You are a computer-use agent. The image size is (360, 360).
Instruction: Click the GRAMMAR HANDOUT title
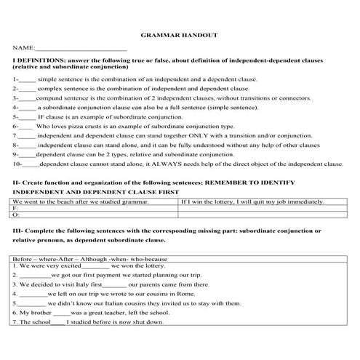pos(180,34)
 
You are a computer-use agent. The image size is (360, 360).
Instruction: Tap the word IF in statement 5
pos(42,115)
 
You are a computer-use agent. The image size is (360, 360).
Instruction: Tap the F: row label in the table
pos(16,207)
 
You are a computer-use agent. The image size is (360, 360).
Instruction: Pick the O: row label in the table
pos(16,215)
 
